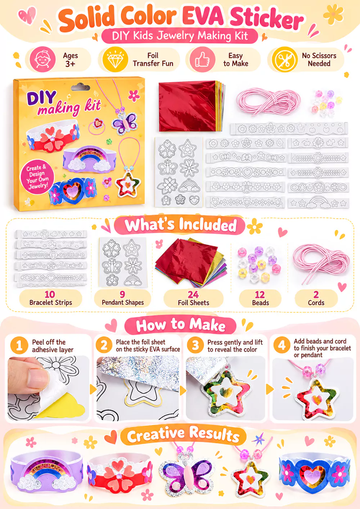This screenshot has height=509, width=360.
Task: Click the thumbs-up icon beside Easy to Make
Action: pyautogui.click(x=202, y=60)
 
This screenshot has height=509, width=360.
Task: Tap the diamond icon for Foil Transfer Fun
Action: pyautogui.click(x=115, y=59)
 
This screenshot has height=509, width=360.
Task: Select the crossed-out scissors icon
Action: pyautogui.click(x=285, y=59)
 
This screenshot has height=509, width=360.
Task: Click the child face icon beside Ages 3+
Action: pyautogui.click(x=42, y=59)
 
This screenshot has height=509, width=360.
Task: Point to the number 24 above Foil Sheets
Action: pyautogui.click(x=193, y=295)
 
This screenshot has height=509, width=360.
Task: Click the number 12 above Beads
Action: pyautogui.click(x=260, y=295)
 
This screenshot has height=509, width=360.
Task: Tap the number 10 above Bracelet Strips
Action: pyautogui.click(x=50, y=295)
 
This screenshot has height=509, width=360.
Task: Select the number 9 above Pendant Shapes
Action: pyautogui.click(x=122, y=295)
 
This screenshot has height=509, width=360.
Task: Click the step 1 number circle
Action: pyautogui.click(x=19, y=345)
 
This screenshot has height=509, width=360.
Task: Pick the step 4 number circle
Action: pyautogui.click(x=282, y=345)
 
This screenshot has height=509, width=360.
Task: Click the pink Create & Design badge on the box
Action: pyautogui.click(x=37, y=177)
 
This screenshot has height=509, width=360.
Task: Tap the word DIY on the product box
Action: pyautogui.click(x=41, y=98)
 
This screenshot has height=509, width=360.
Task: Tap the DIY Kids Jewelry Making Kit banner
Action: pyautogui.click(x=180, y=36)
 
